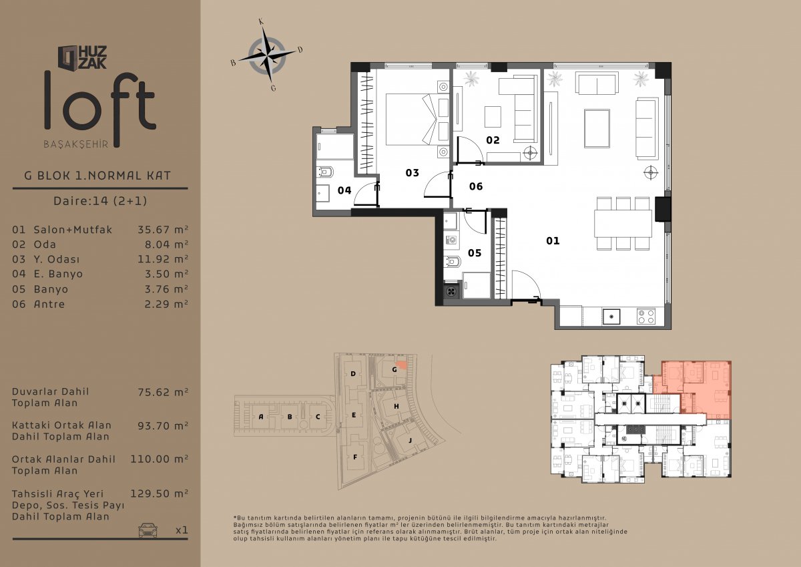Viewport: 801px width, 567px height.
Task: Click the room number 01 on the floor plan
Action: click(553, 240)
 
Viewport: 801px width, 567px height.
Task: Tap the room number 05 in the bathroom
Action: click(475, 253)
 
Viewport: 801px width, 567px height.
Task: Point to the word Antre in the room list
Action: click(49, 304)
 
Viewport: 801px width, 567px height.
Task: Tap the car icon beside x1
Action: click(148, 530)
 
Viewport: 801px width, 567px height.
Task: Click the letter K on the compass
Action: click(262, 22)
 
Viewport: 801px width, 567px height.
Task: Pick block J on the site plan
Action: click(410, 440)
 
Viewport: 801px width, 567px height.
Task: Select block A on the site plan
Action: click(261, 416)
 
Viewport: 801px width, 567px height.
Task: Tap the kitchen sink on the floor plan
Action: click(611, 317)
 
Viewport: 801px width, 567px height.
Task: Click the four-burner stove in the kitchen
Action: click(646, 317)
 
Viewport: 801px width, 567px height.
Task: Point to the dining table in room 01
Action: click(623, 224)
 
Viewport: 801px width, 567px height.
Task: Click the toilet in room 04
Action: click(325, 172)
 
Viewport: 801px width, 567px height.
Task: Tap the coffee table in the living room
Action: click(597, 128)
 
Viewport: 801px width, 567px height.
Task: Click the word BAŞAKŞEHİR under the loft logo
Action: click(76, 144)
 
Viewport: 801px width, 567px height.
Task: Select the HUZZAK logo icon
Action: click(67, 57)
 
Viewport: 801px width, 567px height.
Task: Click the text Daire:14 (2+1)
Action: click(100, 200)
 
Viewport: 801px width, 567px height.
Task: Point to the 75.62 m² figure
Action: click(163, 392)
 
